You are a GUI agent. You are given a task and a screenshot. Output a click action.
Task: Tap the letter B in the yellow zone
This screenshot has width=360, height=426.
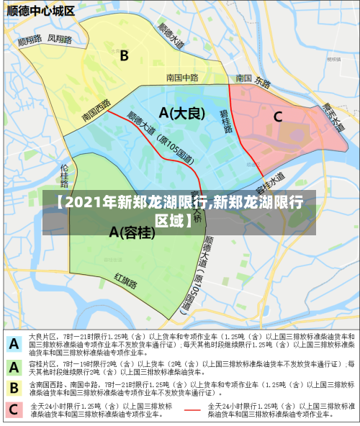point(124,55)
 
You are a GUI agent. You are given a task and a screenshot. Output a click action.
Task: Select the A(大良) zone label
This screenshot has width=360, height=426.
point(182,113)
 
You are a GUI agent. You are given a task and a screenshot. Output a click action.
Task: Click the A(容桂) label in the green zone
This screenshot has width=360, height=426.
point(132,232)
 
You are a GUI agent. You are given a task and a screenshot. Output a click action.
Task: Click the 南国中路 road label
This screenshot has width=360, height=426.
point(181,78)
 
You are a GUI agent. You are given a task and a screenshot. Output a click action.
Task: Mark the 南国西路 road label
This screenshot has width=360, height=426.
point(96,110)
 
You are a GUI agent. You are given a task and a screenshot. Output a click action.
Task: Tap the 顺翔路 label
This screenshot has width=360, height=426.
point(30,40)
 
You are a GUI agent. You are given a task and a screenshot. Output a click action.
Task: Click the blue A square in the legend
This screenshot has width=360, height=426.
point(14,344)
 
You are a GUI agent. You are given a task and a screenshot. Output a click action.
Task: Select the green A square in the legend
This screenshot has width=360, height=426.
point(14,367)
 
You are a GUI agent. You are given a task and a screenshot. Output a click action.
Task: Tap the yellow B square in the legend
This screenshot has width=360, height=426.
point(14,389)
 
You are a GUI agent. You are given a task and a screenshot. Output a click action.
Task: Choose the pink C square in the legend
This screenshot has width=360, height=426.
point(14,410)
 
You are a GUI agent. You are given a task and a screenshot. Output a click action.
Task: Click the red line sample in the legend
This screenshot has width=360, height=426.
point(192,410)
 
